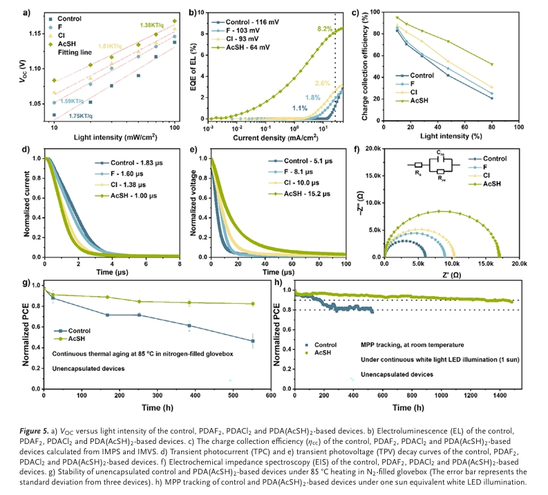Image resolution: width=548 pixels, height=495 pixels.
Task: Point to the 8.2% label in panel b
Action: (324, 28)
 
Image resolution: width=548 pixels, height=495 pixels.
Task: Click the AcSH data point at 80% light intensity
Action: (511, 64)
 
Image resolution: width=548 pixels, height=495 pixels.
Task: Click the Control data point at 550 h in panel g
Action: (252, 341)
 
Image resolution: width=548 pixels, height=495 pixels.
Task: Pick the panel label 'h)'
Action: (279, 282)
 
